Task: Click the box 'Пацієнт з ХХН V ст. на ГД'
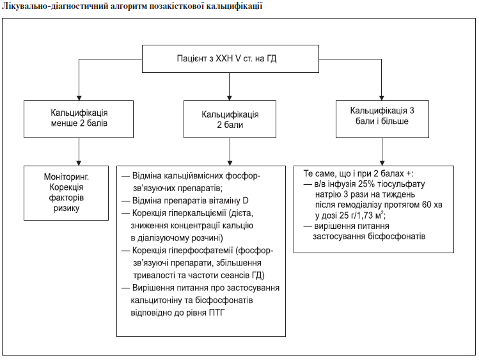pos(230,59)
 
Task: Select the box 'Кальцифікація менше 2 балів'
pos(79,119)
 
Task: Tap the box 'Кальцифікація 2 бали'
pos(230,119)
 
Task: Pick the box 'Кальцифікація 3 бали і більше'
pos(382,119)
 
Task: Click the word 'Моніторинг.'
pos(67,176)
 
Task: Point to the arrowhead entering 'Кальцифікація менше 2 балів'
pos(79,98)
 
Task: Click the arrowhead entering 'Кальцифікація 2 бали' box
pos(230,98)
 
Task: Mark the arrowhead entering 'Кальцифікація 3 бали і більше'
pos(381,98)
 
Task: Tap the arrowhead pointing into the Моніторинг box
pos(79,163)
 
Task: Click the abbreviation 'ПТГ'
pos(217,313)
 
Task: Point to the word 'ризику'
pos(67,208)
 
